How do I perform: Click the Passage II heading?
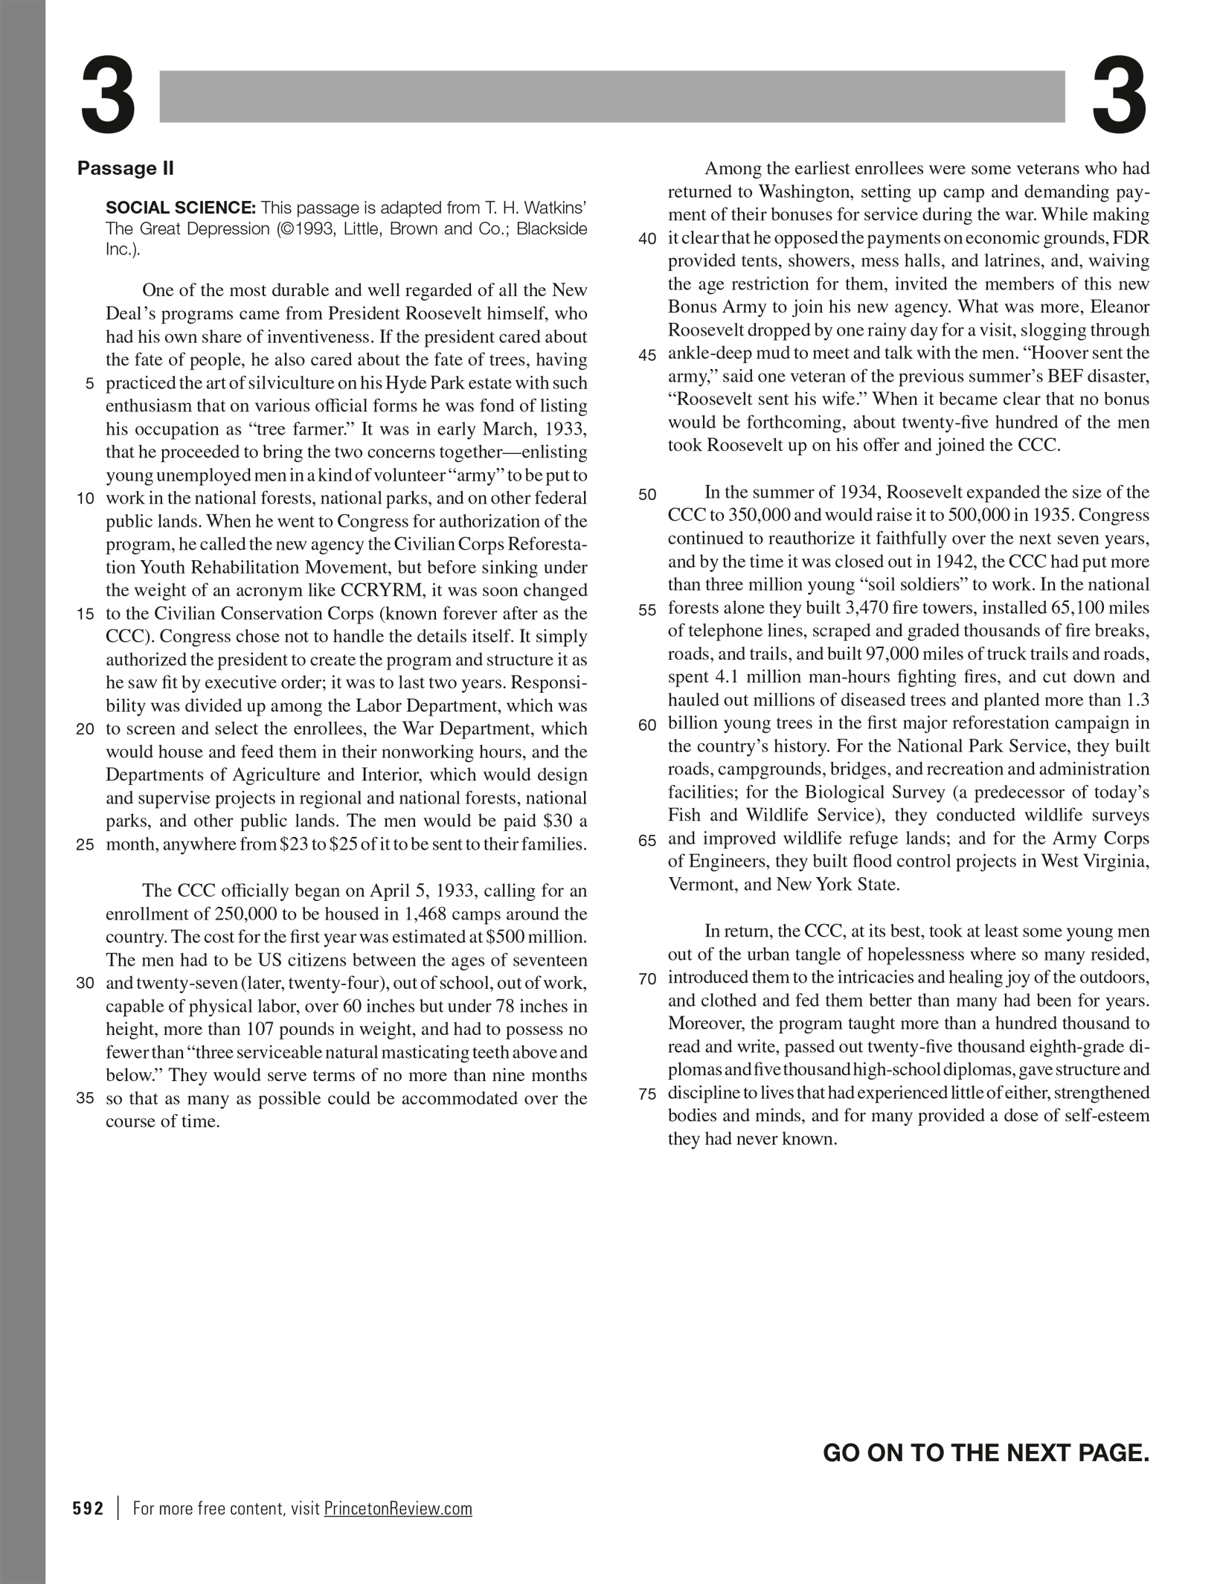coord(125,168)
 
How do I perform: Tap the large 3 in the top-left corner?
coord(109,97)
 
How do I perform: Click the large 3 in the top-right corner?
coord(1119,97)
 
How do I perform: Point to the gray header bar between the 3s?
coord(611,96)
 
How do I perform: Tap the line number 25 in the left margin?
coord(86,845)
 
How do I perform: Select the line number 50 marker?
coord(647,494)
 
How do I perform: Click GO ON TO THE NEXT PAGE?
coord(986,1452)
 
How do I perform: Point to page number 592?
coord(88,1509)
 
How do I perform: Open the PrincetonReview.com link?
coord(398,1509)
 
